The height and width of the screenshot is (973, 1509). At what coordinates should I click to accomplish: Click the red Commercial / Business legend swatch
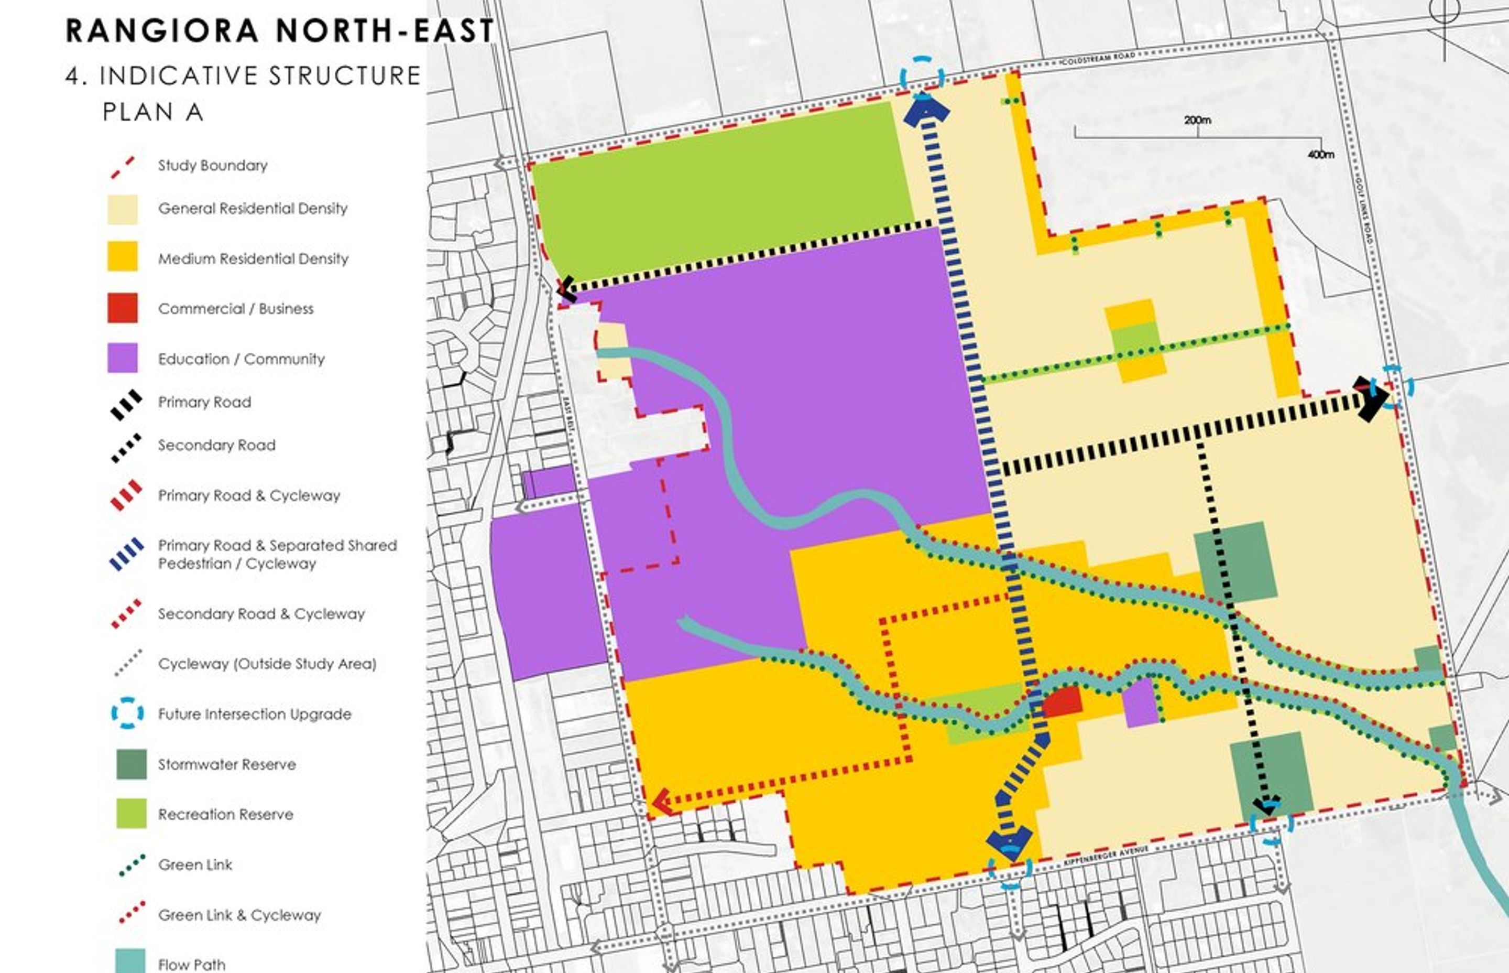click(122, 308)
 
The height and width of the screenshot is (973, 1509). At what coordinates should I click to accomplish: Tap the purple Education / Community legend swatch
click(122, 358)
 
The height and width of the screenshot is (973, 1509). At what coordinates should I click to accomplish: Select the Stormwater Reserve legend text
click(227, 764)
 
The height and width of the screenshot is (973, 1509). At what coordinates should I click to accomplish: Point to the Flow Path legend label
click(191, 964)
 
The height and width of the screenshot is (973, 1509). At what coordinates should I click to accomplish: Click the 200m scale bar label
click(1197, 120)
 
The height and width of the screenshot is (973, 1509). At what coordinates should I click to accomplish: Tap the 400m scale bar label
click(1320, 154)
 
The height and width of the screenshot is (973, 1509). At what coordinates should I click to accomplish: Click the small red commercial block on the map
click(1062, 701)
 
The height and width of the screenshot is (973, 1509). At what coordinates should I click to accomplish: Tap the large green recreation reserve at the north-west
click(720, 190)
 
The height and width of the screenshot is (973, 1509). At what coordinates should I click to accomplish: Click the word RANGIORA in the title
click(161, 30)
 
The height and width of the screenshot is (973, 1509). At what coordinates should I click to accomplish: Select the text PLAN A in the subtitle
click(153, 112)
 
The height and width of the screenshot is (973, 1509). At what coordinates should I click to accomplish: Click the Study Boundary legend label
click(212, 165)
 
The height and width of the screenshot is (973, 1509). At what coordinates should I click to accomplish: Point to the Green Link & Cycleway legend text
click(239, 914)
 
